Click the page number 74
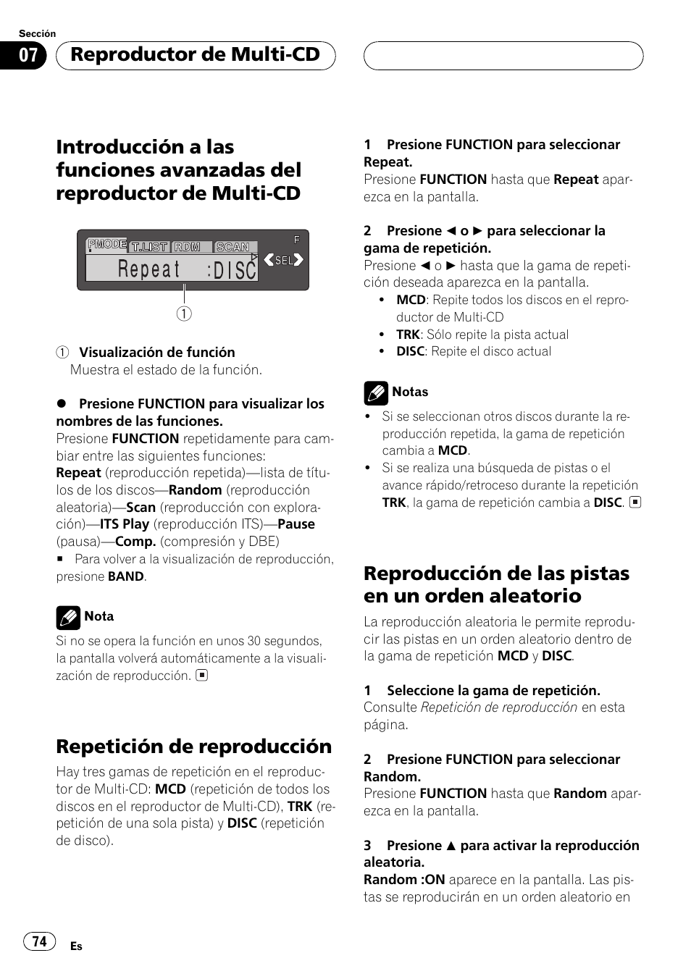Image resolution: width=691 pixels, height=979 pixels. [x=39, y=941]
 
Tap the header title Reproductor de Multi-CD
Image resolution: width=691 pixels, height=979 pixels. [x=195, y=55]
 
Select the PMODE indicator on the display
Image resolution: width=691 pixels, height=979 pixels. [x=106, y=245]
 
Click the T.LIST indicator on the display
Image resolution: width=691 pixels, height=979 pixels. [x=149, y=247]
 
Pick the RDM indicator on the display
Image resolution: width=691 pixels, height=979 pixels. [x=188, y=247]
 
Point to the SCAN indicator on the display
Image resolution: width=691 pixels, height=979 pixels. [x=233, y=247]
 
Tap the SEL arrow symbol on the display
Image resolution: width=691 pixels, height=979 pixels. [x=283, y=260]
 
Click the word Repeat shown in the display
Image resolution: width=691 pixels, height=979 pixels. [x=149, y=269]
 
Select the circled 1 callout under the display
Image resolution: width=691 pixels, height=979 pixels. [x=184, y=314]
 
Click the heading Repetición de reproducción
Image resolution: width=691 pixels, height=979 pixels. [x=193, y=747]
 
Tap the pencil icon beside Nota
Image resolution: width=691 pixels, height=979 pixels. [x=68, y=617]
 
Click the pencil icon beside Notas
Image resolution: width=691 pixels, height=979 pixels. [x=376, y=392]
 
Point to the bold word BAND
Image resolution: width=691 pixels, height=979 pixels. [x=126, y=576]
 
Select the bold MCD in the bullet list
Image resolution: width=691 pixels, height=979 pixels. [x=411, y=300]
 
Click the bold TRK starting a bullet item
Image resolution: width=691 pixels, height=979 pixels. [x=408, y=335]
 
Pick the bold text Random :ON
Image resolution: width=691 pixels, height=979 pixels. [x=404, y=880]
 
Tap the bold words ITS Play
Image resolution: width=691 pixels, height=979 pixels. [x=125, y=524]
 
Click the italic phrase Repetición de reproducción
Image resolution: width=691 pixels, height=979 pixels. [x=499, y=707]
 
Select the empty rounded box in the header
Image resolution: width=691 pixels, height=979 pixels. [x=503, y=56]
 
